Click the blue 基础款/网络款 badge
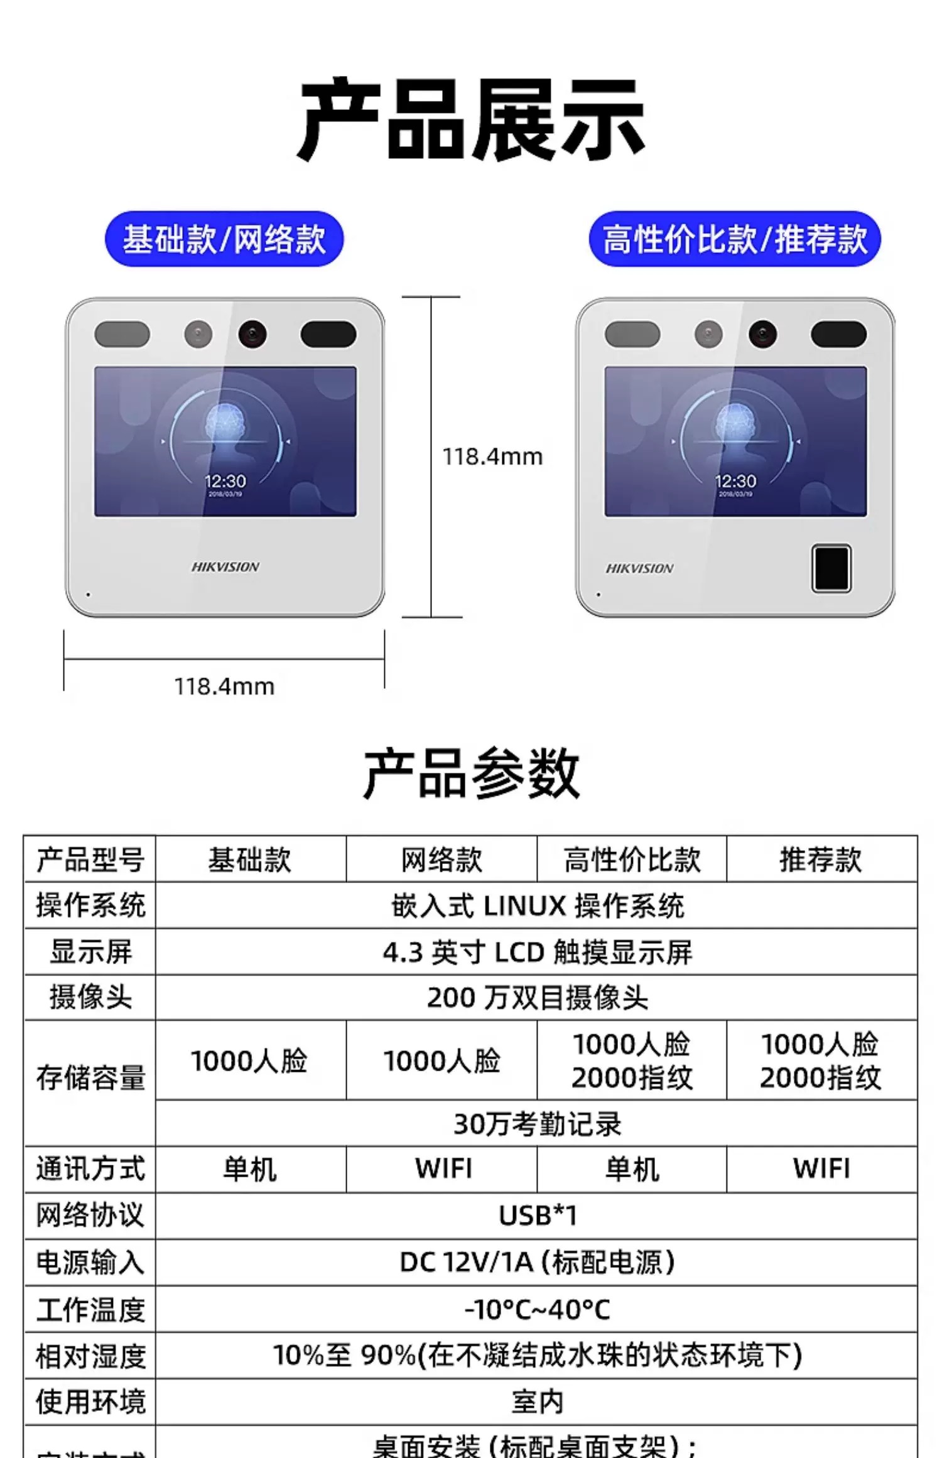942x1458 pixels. [x=224, y=239]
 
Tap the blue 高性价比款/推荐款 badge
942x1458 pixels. [x=735, y=239]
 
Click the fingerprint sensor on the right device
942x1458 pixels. [x=831, y=569]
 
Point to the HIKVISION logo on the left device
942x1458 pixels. [x=225, y=567]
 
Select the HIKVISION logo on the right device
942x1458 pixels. [x=639, y=569]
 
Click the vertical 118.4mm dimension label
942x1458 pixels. [x=492, y=456]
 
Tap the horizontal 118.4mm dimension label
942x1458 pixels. [x=224, y=686]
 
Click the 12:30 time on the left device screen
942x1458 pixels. [x=225, y=482]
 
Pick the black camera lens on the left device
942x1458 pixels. [x=252, y=334]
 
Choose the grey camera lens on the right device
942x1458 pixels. [x=708, y=334]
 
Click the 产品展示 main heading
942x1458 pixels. [x=471, y=119]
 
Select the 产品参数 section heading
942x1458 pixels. [x=471, y=774]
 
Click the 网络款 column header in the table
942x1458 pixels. [x=441, y=860]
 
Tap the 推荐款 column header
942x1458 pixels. [x=821, y=860]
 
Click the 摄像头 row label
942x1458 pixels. [x=90, y=997]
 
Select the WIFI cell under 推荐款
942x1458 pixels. [x=821, y=1169]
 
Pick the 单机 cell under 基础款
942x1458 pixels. [x=250, y=1169]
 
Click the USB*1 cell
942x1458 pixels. [x=537, y=1216]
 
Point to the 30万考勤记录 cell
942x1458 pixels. [x=537, y=1124]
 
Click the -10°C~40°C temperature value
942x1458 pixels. [x=537, y=1309]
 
